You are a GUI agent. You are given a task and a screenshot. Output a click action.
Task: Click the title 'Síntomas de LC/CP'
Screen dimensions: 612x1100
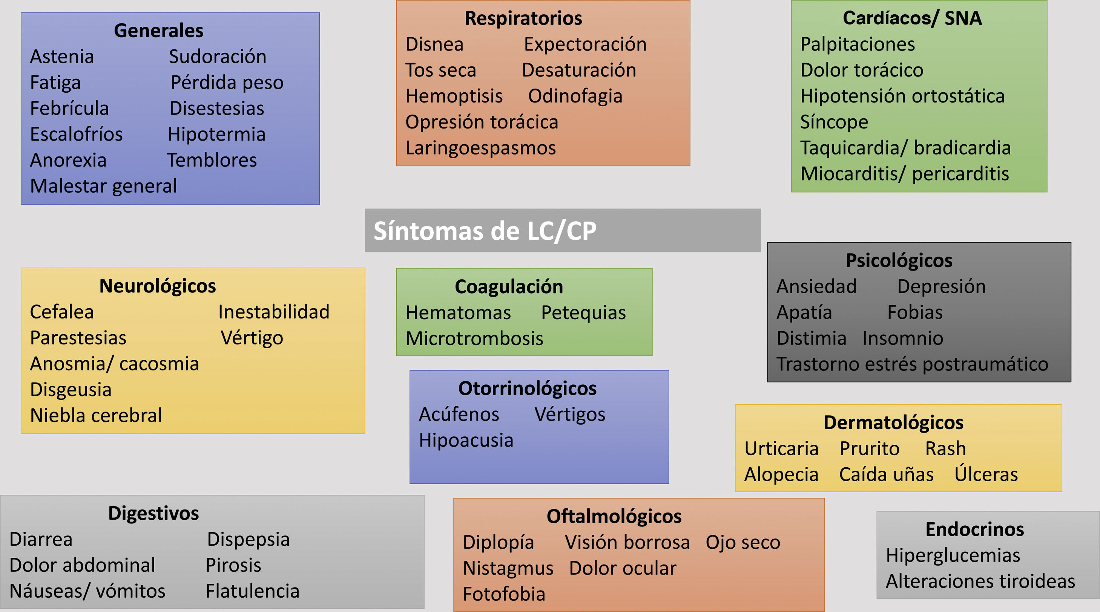coord(485,231)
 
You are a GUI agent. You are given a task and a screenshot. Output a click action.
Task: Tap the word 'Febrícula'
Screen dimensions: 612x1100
coord(69,109)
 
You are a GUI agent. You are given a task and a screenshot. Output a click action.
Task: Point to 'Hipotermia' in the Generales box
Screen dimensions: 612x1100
coord(216,135)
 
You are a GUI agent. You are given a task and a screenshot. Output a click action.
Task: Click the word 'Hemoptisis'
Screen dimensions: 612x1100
coord(454,96)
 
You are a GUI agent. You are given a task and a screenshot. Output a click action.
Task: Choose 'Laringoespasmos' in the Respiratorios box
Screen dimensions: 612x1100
coord(480,148)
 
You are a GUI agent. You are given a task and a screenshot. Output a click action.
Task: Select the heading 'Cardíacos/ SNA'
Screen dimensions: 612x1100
coord(912,18)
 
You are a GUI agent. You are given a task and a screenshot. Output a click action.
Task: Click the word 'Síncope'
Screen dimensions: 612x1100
coord(834,122)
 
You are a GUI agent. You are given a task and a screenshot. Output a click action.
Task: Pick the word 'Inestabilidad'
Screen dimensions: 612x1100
coord(274,312)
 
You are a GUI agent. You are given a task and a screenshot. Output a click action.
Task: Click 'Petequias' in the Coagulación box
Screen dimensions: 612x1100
coord(583,313)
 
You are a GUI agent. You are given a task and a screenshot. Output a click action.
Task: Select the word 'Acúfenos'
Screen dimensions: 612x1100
coord(459,415)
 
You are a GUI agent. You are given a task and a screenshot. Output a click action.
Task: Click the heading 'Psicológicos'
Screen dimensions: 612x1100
coord(899,260)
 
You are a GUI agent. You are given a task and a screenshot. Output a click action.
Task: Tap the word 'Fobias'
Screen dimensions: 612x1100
coord(915,312)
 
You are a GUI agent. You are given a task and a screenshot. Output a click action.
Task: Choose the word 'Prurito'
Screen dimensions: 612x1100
coord(870,448)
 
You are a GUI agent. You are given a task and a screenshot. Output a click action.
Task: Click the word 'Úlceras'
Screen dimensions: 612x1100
coord(986,474)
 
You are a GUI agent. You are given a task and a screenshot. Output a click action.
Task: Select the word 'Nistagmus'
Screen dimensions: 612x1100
coord(508,568)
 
